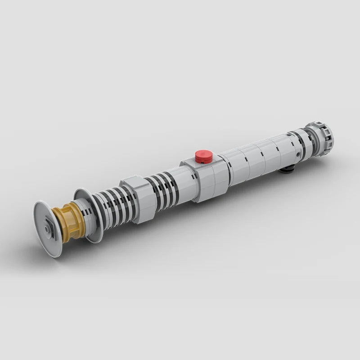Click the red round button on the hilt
click(x=204, y=156)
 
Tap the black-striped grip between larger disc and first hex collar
click(x=112, y=207)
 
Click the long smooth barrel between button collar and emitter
click(x=256, y=157)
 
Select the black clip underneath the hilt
click(x=287, y=169)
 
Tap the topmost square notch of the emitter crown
click(x=315, y=124)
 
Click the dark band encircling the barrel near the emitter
click(x=299, y=143)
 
